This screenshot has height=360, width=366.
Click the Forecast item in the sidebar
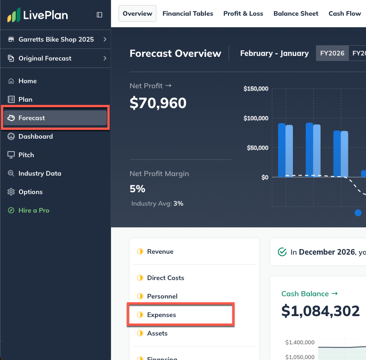click(x=32, y=118)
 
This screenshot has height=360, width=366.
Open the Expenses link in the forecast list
click(x=161, y=315)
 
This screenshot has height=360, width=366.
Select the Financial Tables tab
click(x=188, y=13)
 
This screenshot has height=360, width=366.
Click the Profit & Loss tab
click(x=243, y=13)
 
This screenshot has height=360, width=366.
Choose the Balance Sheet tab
click(x=296, y=13)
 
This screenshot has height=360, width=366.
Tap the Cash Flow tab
click(x=344, y=13)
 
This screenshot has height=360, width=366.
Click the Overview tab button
click(x=137, y=13)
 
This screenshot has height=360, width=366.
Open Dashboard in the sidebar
click(x=36, y=136)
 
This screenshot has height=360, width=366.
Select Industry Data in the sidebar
click(x=40, y=173)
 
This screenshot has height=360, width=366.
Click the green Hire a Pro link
click(x=34, y=210)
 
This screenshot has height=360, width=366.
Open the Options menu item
click(x=31, y=192)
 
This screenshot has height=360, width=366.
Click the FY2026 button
click(x=332, y=53)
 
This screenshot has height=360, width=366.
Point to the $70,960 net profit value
click(x=158, y=103)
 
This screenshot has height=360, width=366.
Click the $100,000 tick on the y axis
click(x=256, y=118)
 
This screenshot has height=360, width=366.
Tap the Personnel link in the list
click(x=162, y=296)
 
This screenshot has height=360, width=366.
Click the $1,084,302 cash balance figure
click(x=320, y=311)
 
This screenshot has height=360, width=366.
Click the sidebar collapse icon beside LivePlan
click(x=99, y=15)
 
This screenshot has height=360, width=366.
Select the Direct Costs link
click(x=165, y=278)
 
